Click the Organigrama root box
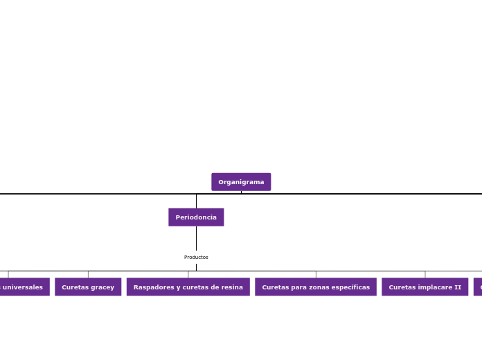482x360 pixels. point(241,182)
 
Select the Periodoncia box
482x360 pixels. point(196,217)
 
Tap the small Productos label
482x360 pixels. point(196,258)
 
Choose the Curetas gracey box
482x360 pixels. point(88,287)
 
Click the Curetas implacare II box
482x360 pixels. point(425,287)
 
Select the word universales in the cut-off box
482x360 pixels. point(22,287)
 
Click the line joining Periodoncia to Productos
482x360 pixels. point(196,239)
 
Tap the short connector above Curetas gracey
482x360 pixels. point(88,274)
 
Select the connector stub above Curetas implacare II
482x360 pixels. point(425,274)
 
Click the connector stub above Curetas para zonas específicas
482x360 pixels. point(316,274)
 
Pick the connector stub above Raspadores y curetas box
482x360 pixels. point(188,274)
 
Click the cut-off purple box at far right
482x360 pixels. point(478,287)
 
